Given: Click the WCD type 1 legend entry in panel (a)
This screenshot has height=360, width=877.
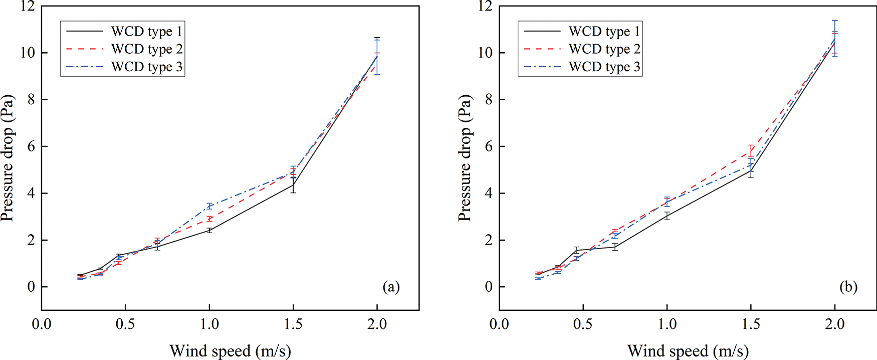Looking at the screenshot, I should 147,32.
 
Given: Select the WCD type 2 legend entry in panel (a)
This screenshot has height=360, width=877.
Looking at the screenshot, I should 147,49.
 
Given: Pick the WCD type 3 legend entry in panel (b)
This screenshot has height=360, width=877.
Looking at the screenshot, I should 604,67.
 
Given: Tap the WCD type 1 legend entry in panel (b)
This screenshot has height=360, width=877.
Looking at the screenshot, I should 604,32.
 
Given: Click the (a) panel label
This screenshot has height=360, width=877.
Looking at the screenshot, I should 391,287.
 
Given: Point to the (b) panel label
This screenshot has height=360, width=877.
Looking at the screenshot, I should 848,287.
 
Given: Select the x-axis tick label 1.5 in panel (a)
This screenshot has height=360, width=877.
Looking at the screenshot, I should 293,324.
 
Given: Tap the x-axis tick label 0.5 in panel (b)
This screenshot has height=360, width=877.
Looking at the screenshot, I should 583,324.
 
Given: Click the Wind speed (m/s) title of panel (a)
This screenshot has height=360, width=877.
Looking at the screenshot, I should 230,350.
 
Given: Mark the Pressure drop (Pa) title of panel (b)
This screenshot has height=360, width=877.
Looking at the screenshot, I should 465,158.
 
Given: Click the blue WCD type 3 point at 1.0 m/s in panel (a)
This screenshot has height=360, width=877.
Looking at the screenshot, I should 209,206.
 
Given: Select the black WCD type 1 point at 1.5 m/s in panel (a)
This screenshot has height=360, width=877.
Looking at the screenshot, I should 293,185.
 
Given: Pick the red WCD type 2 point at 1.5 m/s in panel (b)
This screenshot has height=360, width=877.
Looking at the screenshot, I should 751,151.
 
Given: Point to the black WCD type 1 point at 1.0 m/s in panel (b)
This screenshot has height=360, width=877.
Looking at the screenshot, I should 667,216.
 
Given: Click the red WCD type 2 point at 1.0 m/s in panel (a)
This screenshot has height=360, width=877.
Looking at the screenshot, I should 209,219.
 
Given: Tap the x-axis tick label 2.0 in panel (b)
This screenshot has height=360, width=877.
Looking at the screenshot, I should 835,324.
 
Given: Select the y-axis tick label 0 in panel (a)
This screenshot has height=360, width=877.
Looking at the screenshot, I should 31,287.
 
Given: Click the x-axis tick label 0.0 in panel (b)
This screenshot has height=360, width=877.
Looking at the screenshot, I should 499,324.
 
